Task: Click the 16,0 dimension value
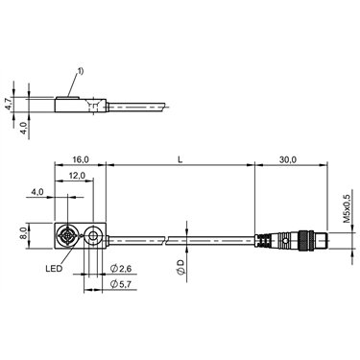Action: [81, 159]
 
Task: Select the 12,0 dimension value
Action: [77, 176]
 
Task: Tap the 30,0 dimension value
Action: [287, 159]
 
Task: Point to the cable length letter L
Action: [180, 159]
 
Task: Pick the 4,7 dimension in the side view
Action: [9, 105]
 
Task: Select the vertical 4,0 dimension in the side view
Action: [24, 126]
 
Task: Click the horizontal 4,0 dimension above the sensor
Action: [37, 192]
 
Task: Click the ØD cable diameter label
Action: [180, 268]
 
